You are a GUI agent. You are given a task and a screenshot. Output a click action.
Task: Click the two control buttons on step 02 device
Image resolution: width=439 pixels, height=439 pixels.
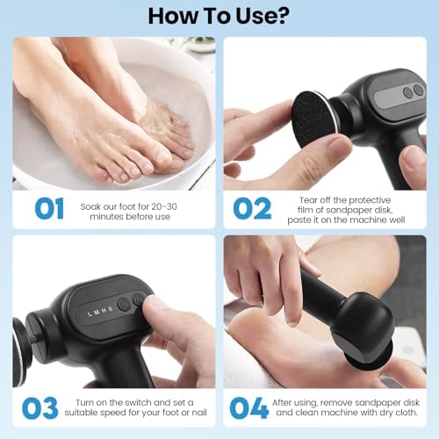tap(412, 90)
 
